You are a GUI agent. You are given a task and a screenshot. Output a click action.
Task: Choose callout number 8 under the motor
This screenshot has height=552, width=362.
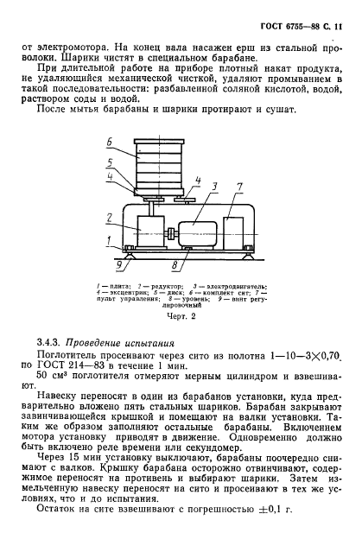[x=175, y=263]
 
